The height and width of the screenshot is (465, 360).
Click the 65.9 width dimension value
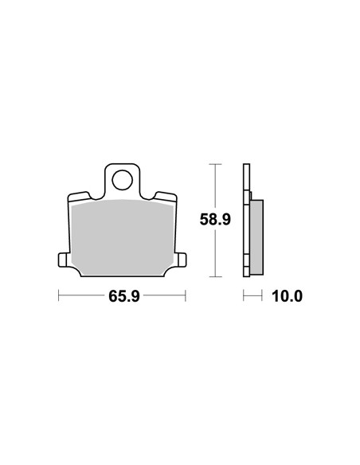[124, 296]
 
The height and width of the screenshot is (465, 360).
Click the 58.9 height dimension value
[215, 220]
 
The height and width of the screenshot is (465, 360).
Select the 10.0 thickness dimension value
[287, 296]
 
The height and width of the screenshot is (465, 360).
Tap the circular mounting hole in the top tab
[122, 180]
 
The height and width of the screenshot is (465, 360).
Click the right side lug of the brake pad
[182, 260]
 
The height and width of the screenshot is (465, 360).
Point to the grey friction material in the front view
[123, 237]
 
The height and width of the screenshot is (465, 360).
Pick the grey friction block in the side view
[256, 237]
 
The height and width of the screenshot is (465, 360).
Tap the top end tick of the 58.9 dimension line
[215, 164]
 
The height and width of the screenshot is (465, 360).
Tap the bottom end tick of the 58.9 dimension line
[215, 276]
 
